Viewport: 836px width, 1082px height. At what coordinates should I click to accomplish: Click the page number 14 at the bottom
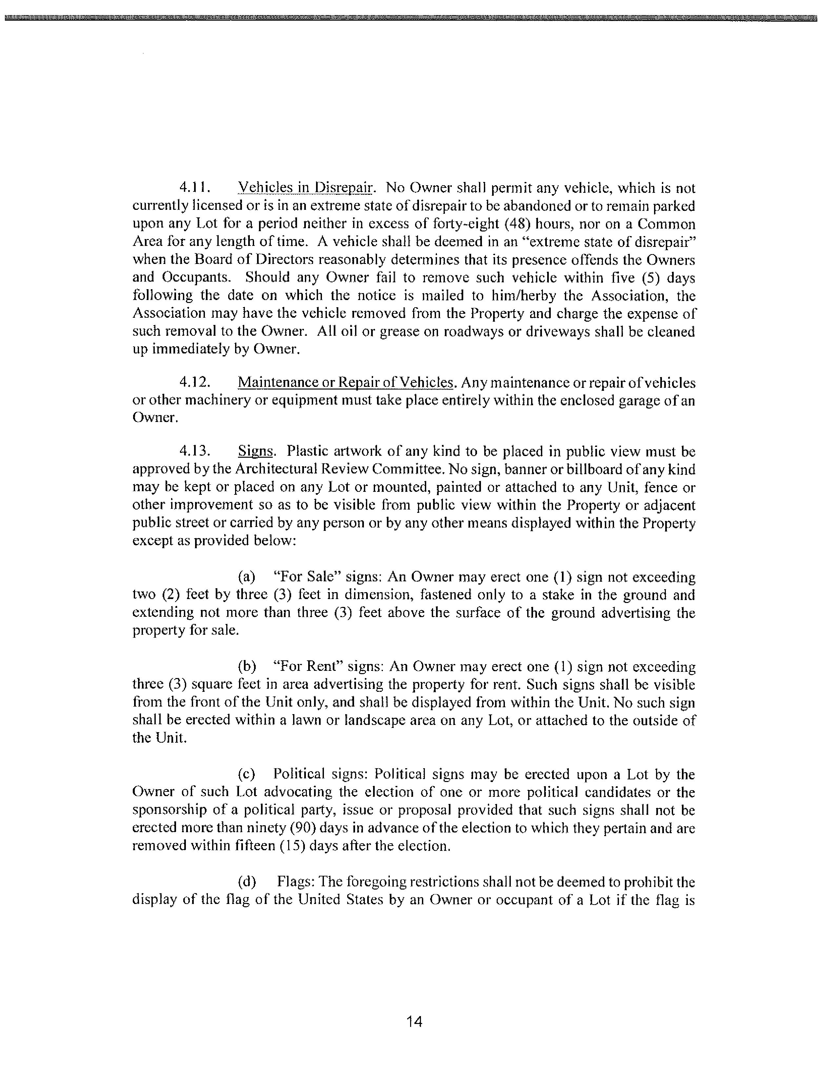(414, 1021)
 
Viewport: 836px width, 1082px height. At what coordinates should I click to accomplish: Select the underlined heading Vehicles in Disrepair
(305, 188)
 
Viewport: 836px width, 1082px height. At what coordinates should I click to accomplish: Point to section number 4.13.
(195, 451)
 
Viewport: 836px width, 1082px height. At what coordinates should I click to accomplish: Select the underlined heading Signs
(255, 451)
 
